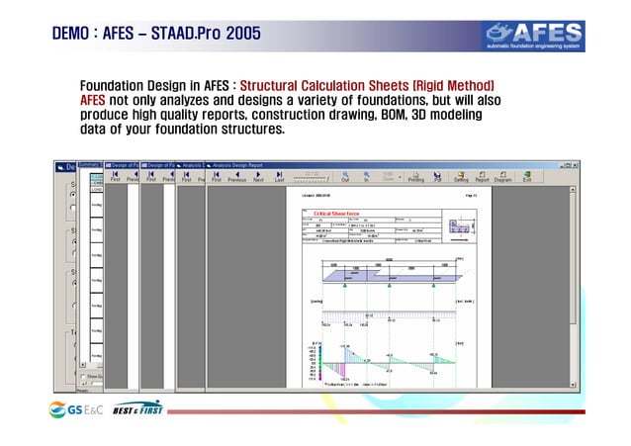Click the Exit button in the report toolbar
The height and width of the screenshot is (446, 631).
click(527, 175)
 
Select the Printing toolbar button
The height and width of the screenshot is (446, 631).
click(416, 175)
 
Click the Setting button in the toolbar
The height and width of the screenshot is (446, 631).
click(461, 175)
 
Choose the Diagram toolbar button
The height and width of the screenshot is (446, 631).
click(502, 175)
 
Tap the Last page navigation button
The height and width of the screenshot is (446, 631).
click(280, 175)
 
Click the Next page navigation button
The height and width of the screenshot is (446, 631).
click(259, 175)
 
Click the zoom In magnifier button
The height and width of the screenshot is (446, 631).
click(367, 175)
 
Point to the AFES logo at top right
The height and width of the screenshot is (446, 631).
click(550, 32)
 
